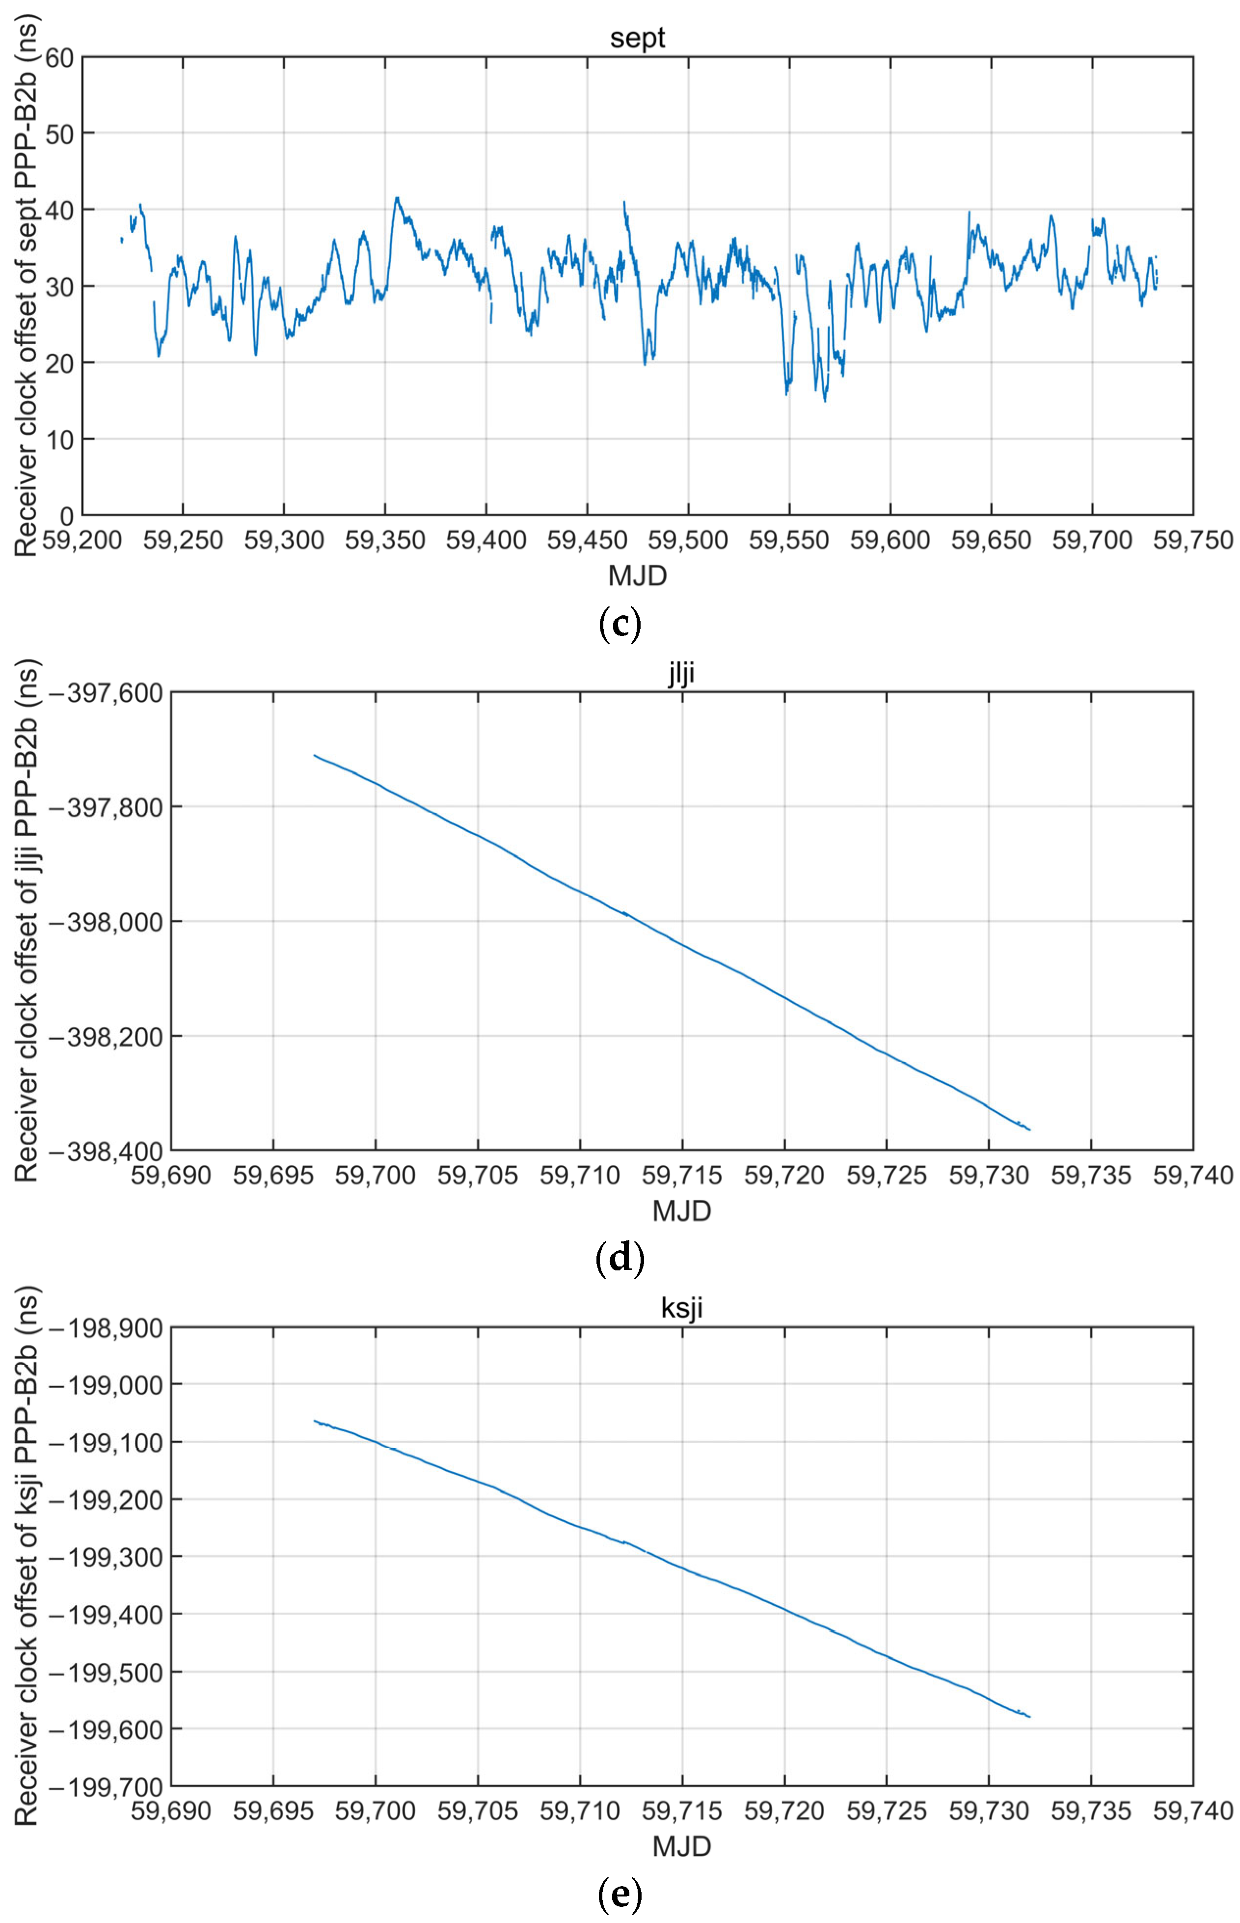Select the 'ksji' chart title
pyautogui.click(x=681, y=1307)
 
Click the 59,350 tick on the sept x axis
pyautogui.click(x=385, y=540)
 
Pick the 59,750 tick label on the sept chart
pyautogui.click(x=1192, y=540)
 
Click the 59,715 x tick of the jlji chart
pyautogui.click(x=682, y=1175)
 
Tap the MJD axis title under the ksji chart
pyautogui.click(x=681, y=1846)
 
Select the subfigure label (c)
pyautogui.click(x=620, y=625)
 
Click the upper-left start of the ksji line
pyautogui.click(x=315, y=1421)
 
